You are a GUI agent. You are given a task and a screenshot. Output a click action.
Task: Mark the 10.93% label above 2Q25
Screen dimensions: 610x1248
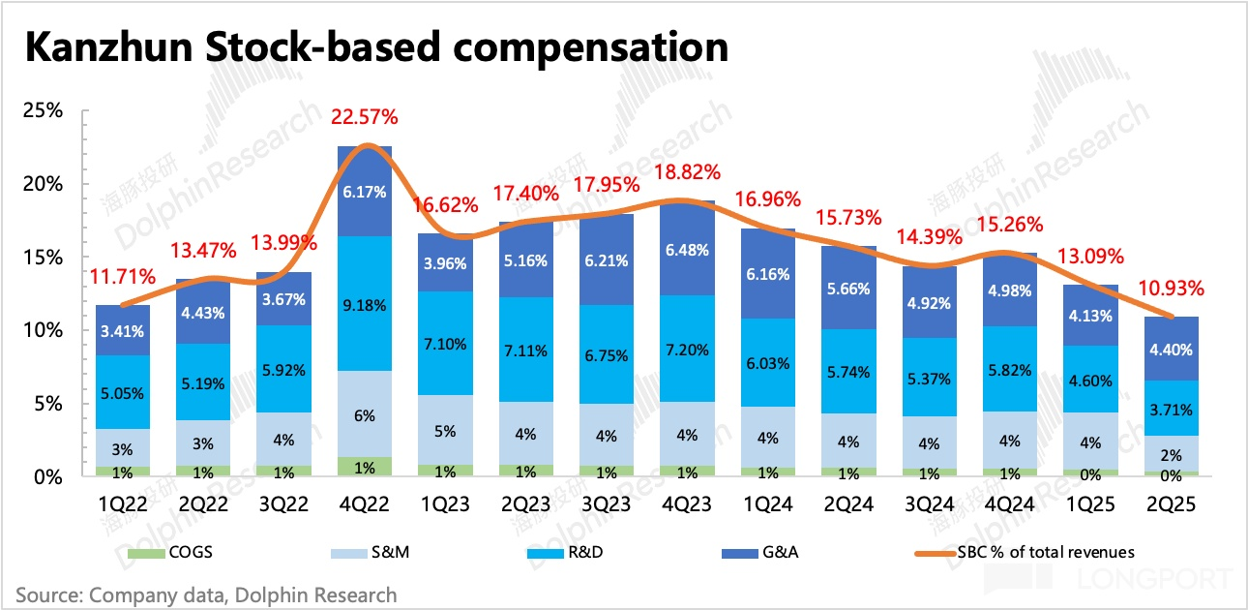1171,288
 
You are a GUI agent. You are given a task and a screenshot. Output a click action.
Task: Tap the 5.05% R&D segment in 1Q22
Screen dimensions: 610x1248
123,393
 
